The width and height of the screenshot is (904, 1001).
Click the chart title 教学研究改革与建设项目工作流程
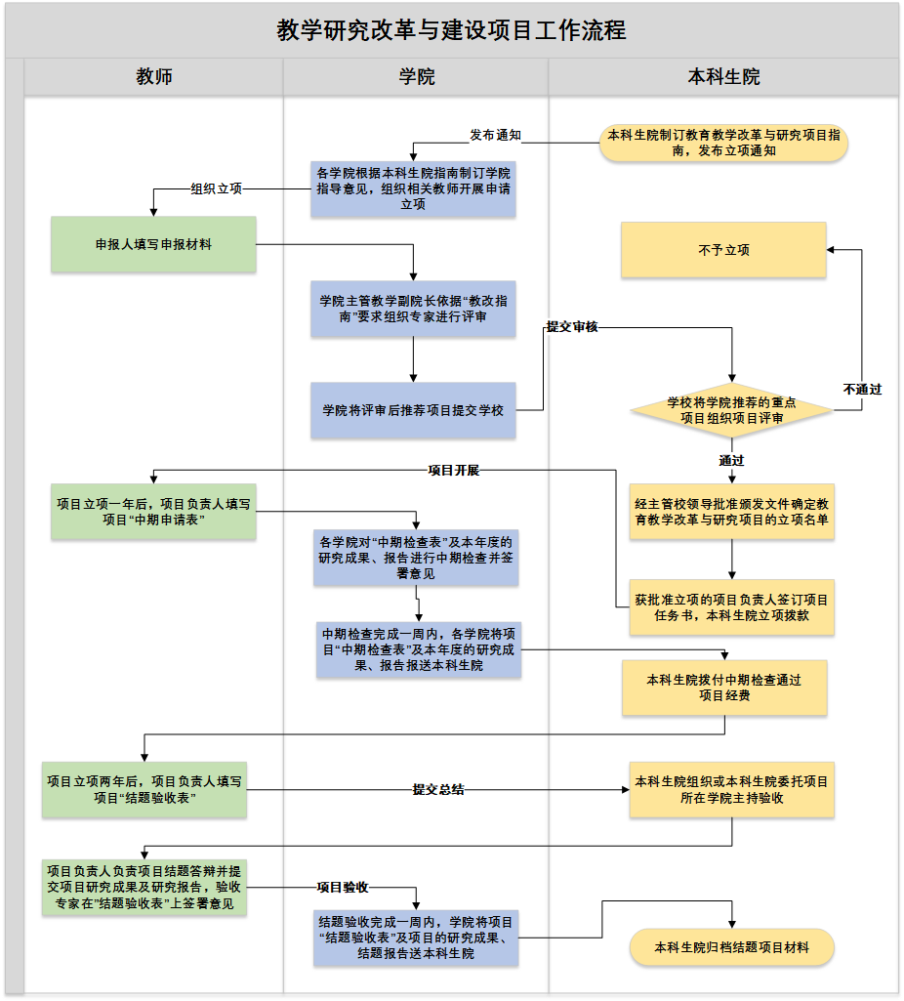click(451, 30)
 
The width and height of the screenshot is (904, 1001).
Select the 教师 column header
click(154, 77)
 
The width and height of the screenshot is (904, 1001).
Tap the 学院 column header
click(417, 77)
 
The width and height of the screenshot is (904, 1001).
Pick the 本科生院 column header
click(723, 77)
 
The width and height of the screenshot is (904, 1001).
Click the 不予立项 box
click(723, 250)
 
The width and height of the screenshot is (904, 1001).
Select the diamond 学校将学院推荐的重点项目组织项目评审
click(731, 410)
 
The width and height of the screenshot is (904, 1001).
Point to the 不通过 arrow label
click(862, 389)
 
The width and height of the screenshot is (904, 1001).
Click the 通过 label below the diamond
click(731, 460)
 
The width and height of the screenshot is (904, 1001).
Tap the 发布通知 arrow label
click(495, 136)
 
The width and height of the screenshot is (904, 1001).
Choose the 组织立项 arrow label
click(216, 188)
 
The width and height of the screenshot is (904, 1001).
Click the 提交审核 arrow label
click(572, 328)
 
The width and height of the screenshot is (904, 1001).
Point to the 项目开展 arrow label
click(454, 470)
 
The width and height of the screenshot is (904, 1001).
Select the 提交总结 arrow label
click(437, 789)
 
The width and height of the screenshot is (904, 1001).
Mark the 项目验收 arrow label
click(342, 888)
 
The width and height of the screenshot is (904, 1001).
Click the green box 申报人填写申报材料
click(153, 244)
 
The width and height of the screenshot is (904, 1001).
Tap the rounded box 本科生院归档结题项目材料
click(731, 947)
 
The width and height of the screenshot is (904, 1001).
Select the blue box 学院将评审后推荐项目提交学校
click(413, 410)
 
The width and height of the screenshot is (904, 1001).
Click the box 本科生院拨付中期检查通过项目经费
click(724, 688)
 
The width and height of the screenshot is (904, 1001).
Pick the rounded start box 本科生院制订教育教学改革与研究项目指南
click(723, 144)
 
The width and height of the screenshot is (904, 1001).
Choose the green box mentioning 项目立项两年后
click(144, 790)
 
